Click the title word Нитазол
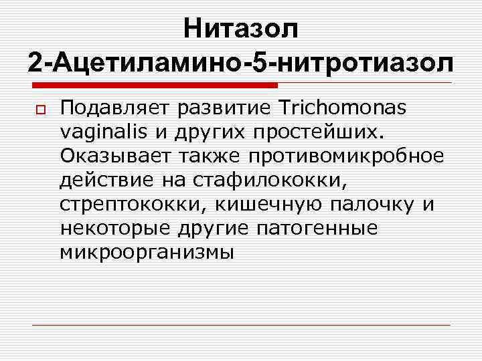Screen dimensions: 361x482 tap(241, 29)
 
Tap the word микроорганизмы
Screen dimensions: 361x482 tap(147, 252)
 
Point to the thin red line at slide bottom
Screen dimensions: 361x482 tap(242, 325)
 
